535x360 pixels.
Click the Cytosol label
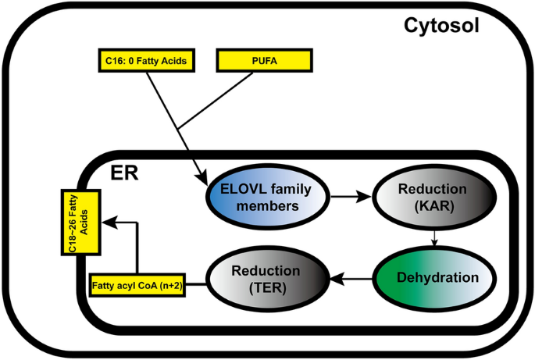[x=441, y=25]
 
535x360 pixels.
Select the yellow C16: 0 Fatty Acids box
[x=146, y=59]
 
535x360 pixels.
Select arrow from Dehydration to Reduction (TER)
[x=350, y=277]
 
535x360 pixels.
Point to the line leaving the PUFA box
[x=226, y=94]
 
